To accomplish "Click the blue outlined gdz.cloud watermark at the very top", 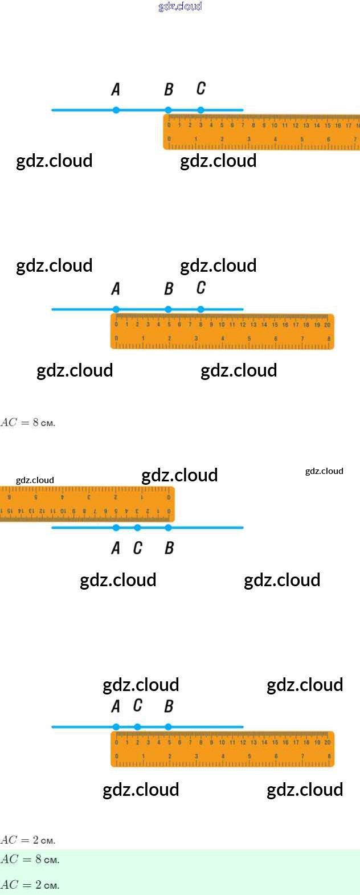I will (x=180, y=6).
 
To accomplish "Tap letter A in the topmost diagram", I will (x=116, y=89).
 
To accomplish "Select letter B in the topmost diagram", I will (x=169, y=89).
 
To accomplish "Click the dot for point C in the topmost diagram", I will (x=201, y=110).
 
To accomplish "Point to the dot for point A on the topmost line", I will (x=116, y=110).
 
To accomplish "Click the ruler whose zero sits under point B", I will (x=261, y=132).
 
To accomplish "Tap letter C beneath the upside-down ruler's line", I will (x=138, y=548).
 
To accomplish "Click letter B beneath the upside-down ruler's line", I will (x=169, y=548).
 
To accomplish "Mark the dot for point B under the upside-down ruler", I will (x=168, y=528).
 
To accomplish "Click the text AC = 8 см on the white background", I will (x=28, y=423).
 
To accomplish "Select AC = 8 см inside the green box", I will (x=30, y=859).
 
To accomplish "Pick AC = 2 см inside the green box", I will (x=30, y=885).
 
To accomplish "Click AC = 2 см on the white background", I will (x=28, y=840).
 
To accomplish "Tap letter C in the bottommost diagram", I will (x=138, y=706).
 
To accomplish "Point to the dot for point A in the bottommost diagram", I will (x=116, y=727).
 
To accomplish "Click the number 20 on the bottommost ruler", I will (x=328, y=742).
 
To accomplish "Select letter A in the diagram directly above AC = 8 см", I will (x=116, y=289).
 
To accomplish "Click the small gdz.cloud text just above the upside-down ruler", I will (x=35, y=480).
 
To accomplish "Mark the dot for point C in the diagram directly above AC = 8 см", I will (x=201, y=309).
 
